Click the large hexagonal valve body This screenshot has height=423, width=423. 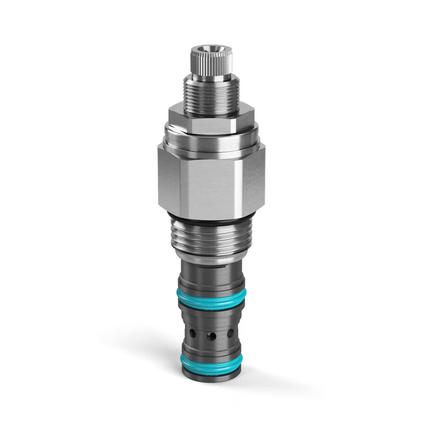click(211, 182)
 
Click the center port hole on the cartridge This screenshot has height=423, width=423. click(211, 336)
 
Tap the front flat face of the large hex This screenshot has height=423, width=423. click(211, 186)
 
